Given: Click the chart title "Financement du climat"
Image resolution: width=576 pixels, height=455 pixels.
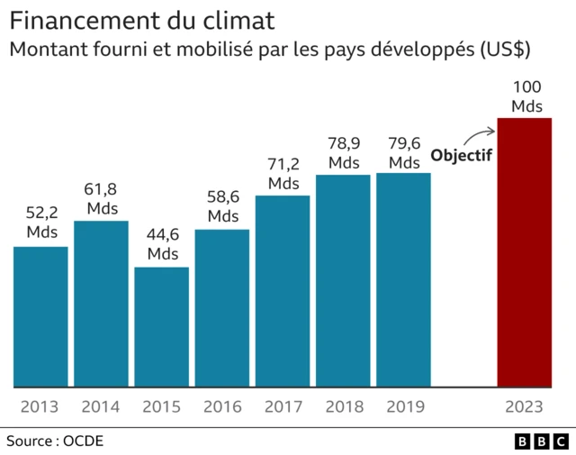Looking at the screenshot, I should pos(142,19).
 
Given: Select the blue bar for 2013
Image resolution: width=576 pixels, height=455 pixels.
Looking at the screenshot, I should pos(40,316).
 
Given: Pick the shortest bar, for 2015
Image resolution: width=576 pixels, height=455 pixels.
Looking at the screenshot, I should pos(162,327).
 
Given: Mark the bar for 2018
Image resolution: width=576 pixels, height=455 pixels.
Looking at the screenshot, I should pos(343,280).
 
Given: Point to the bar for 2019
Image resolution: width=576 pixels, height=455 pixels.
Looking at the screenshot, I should pos(403,279).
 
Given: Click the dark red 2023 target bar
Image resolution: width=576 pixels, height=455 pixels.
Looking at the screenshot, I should pos(525,252).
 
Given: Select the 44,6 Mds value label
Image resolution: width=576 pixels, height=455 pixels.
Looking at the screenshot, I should pos(163,243).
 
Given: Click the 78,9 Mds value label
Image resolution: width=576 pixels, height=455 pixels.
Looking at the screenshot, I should pos(344,152).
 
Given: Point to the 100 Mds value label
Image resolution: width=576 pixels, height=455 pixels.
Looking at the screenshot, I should pos(526,96).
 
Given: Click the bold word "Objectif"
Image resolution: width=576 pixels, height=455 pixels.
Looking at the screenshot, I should pos(462,155).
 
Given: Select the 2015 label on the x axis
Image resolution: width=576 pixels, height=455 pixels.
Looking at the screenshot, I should pos(162,406).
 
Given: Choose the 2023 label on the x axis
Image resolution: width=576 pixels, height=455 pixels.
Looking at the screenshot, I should pos(525,406).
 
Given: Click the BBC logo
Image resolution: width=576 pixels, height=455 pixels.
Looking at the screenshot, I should pos(541,441).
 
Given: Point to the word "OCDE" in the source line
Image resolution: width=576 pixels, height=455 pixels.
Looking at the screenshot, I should pos(84,441).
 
